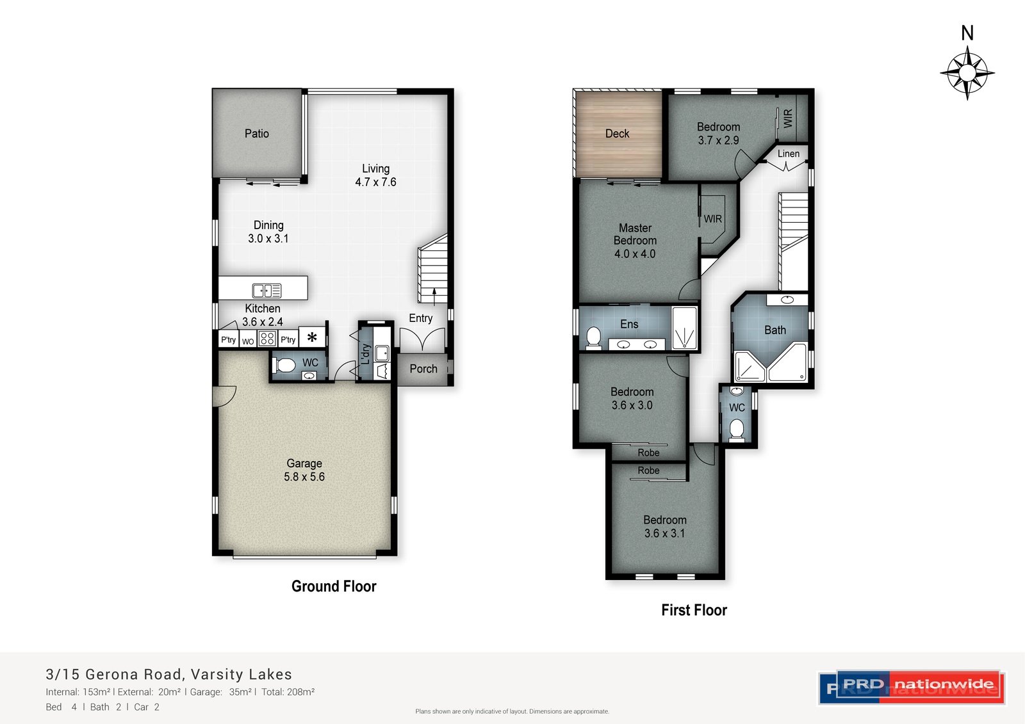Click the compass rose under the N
[x=967, y=72]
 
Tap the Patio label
[x=257, y=134]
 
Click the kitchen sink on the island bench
[x=266, y=291]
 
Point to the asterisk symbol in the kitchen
[x=312, y=337]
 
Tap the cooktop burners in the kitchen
[x=267, y=339]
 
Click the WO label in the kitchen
[x=247, y=342]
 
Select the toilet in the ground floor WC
[x=284, y=366]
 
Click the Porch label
[x=423, y=369]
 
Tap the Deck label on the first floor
[x=618, y=134]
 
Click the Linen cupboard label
[x=789, y=154]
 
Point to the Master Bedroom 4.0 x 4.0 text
[x=635, y=241]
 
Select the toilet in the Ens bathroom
[x=593, y=337]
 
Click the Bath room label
[x=775, y=330]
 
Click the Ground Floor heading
[x=334, y=586]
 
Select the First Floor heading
[x=694, y=610]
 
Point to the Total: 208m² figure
[x=288, y=692]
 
